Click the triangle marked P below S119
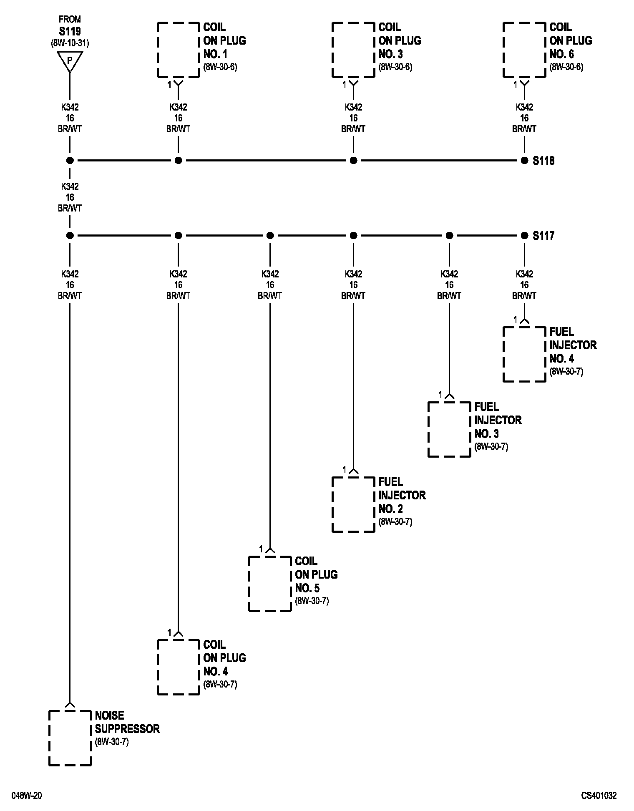[x=70, y=61]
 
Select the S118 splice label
[x=543, y=161]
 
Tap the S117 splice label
[x=543, y=236]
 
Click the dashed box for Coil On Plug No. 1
[x=178, y=50]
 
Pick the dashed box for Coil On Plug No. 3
[x=353, y=50]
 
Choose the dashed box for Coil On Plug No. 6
[x=524, y=50]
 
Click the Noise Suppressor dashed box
[x=70, y=738]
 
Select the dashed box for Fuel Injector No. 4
[x=524, y=354]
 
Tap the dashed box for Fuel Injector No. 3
[x=449, y=429]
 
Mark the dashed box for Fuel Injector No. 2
[x=353, y=504]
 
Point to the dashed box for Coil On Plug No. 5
[x=270, y=584]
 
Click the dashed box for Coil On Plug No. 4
[x=178, y=667]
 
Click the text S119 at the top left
[x=70, y=31]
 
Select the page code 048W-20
[x=27, y=796]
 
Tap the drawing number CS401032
[x=599, y=796]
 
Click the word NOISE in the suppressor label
[x=109, y=715]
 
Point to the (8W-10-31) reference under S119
[x=70, y=43]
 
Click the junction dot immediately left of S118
[x=524, y=161]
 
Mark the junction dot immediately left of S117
[x=524, y=236]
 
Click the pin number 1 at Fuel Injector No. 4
[x=515, y=320]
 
